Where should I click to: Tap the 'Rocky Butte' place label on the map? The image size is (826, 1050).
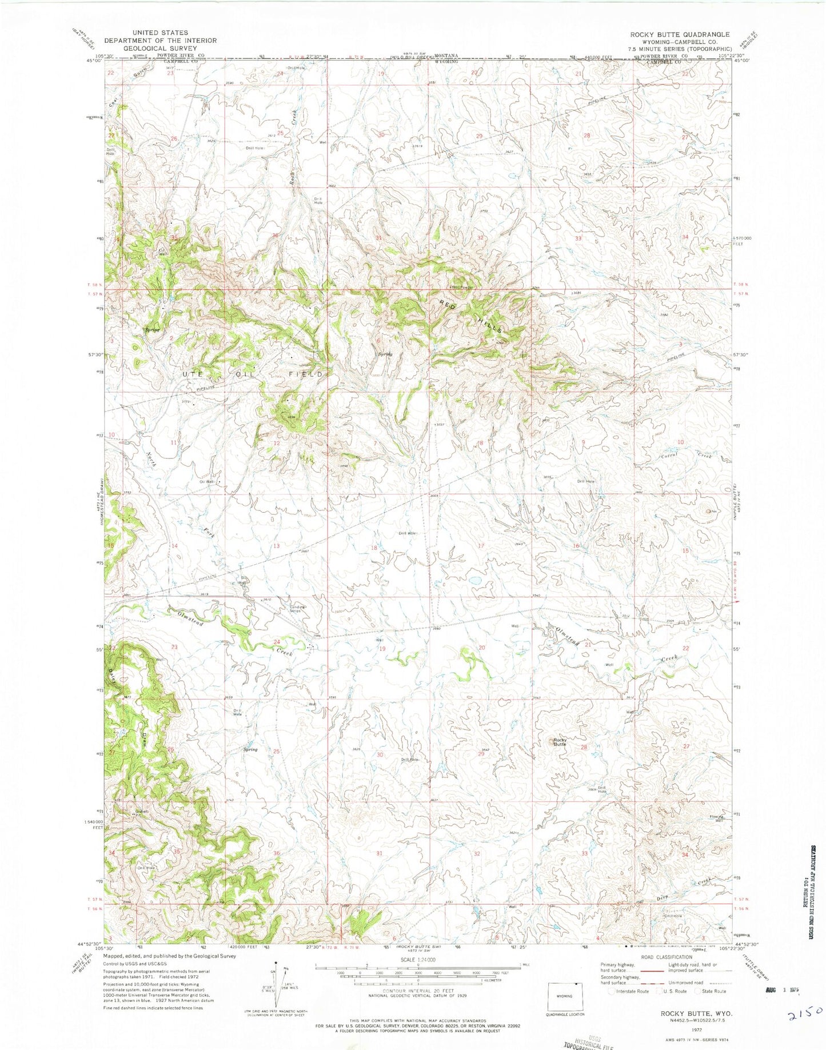point(560,742)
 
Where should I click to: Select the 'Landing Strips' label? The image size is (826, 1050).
point(296,609)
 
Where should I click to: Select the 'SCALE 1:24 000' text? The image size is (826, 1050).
point(418,960)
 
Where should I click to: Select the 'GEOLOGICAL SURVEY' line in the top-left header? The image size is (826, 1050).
point(150,49)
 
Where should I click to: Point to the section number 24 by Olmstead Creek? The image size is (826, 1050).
point(277,641)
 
